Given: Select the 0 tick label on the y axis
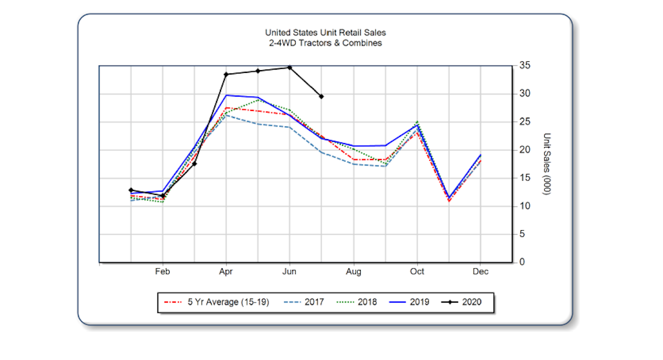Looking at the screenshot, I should click(521, 262).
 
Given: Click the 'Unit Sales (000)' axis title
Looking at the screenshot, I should click(548, 163).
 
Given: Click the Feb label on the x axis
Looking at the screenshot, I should click(162, 272).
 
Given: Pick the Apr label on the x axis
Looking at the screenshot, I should click(226, 272).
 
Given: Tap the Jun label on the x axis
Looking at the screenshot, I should click(290, 272).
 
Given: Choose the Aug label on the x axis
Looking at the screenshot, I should click(354, 272).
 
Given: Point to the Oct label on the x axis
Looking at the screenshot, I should click(417, 272).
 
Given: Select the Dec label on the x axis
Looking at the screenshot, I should click(481, 272).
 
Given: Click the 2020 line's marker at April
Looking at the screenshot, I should click(226, 74).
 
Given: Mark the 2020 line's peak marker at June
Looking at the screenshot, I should click(290, 67).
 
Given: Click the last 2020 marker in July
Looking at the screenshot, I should click(322, 97).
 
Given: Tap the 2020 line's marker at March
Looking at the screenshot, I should click(194, 163).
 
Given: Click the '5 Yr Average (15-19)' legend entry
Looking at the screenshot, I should click(217, 302).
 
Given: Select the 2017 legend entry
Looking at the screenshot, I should click(303, 302).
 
